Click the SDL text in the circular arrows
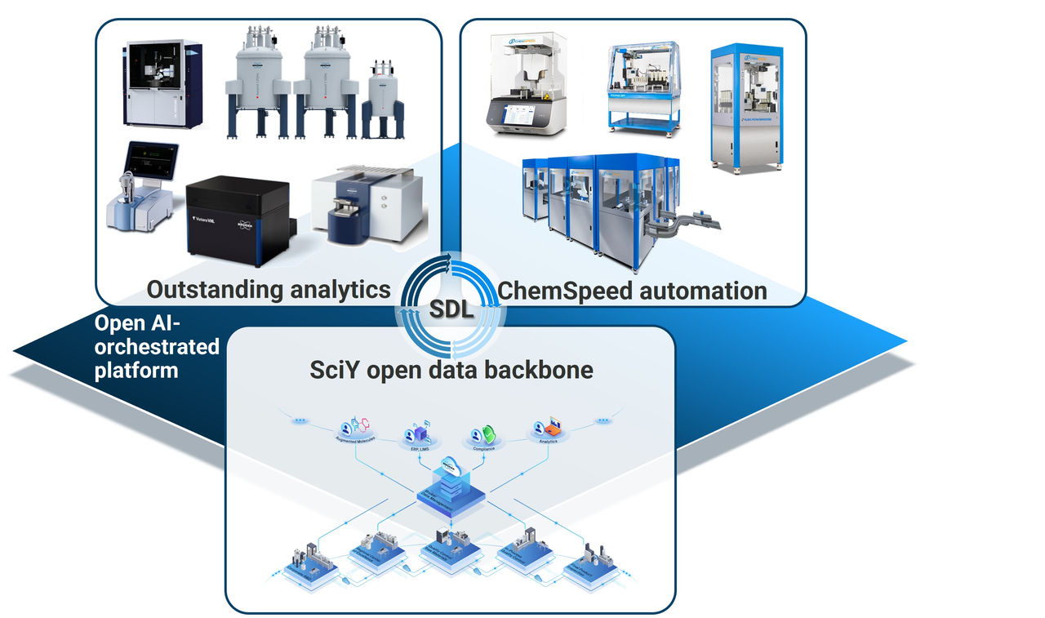pyautogui.click(x=450, y=311)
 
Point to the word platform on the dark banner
pyautogui.click(x=136, y=370)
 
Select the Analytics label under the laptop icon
pyautogui.click(x=548, y=442)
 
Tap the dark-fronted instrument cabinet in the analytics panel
pyautogui.click(x=162, y=84)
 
